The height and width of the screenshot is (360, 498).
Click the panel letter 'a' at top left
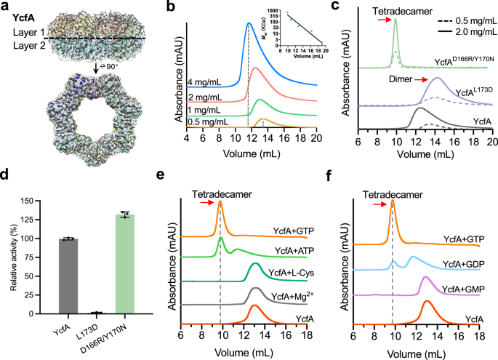click(x=5, y=7)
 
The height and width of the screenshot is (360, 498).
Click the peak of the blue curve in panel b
click(x=249, y=23)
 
